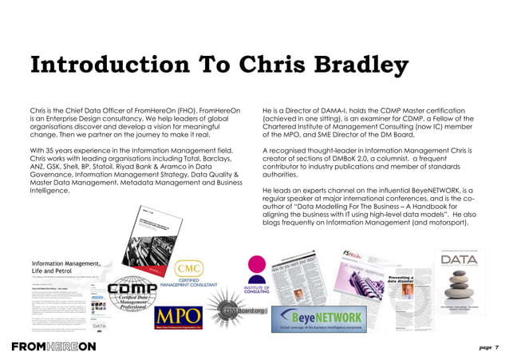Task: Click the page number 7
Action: (495, 347)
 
